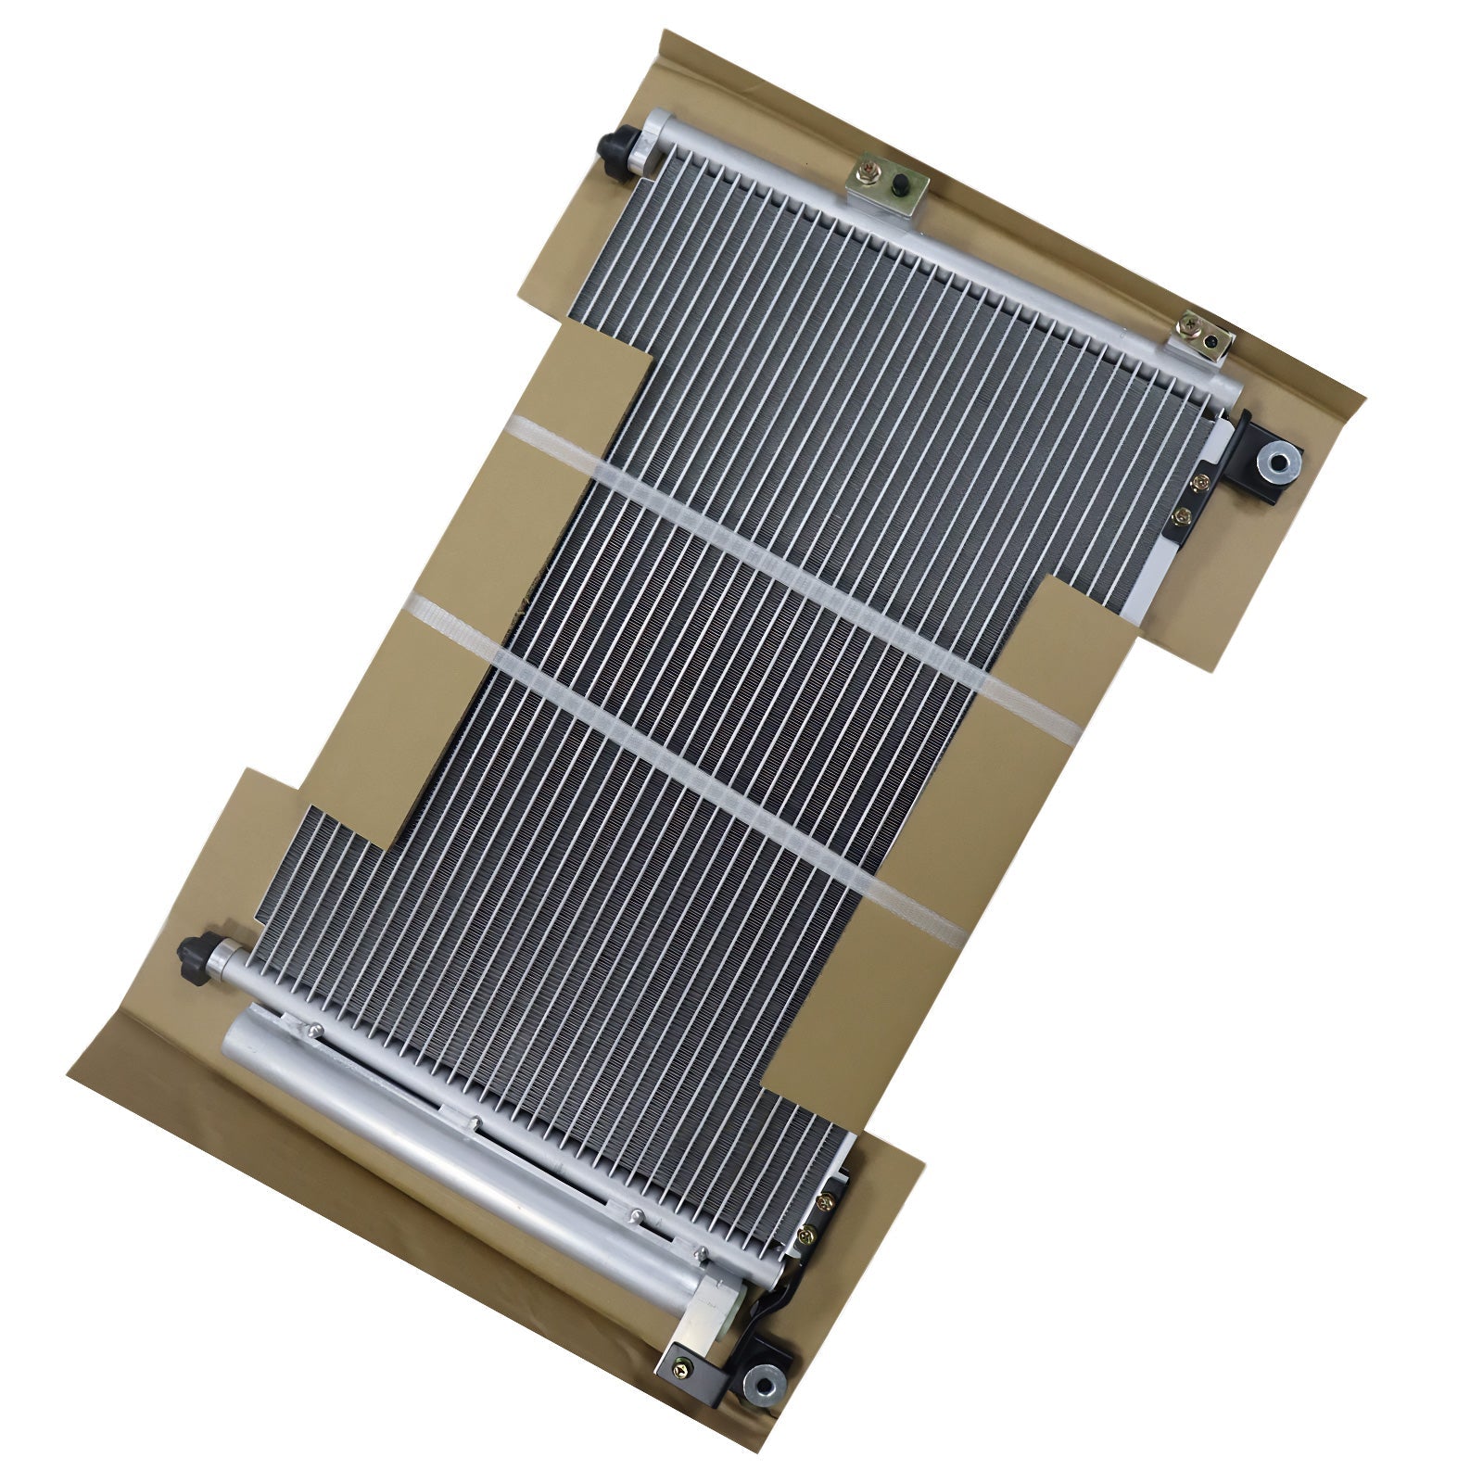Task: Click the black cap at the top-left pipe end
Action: [x=614, y=146]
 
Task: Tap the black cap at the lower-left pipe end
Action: [x=196, y=951]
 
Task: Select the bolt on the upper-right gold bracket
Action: [x=1188, y=324]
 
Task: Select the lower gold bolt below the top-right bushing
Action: [x=1181, y=515]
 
